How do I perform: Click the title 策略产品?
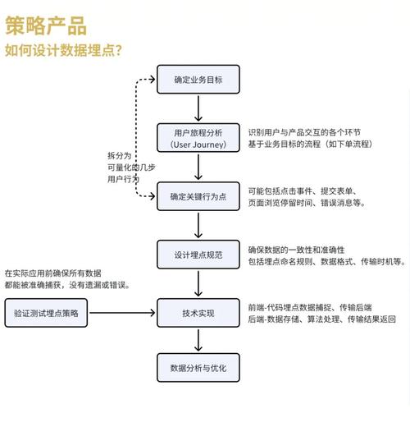(45, 25)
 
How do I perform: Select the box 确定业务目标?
(198, 81)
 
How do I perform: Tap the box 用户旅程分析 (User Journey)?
(198, 138)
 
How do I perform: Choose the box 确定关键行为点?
(198, 197)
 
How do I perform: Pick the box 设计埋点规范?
(198, 255)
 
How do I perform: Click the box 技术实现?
(198, 313)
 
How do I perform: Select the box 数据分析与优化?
(198, 367)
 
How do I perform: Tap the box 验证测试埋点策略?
(47, 313)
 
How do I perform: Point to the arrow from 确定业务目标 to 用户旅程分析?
(198, 109)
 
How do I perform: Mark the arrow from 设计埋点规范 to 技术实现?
(198, 284)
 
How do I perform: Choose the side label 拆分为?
(118, 155)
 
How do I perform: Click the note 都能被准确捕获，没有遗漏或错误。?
(66, 285)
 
